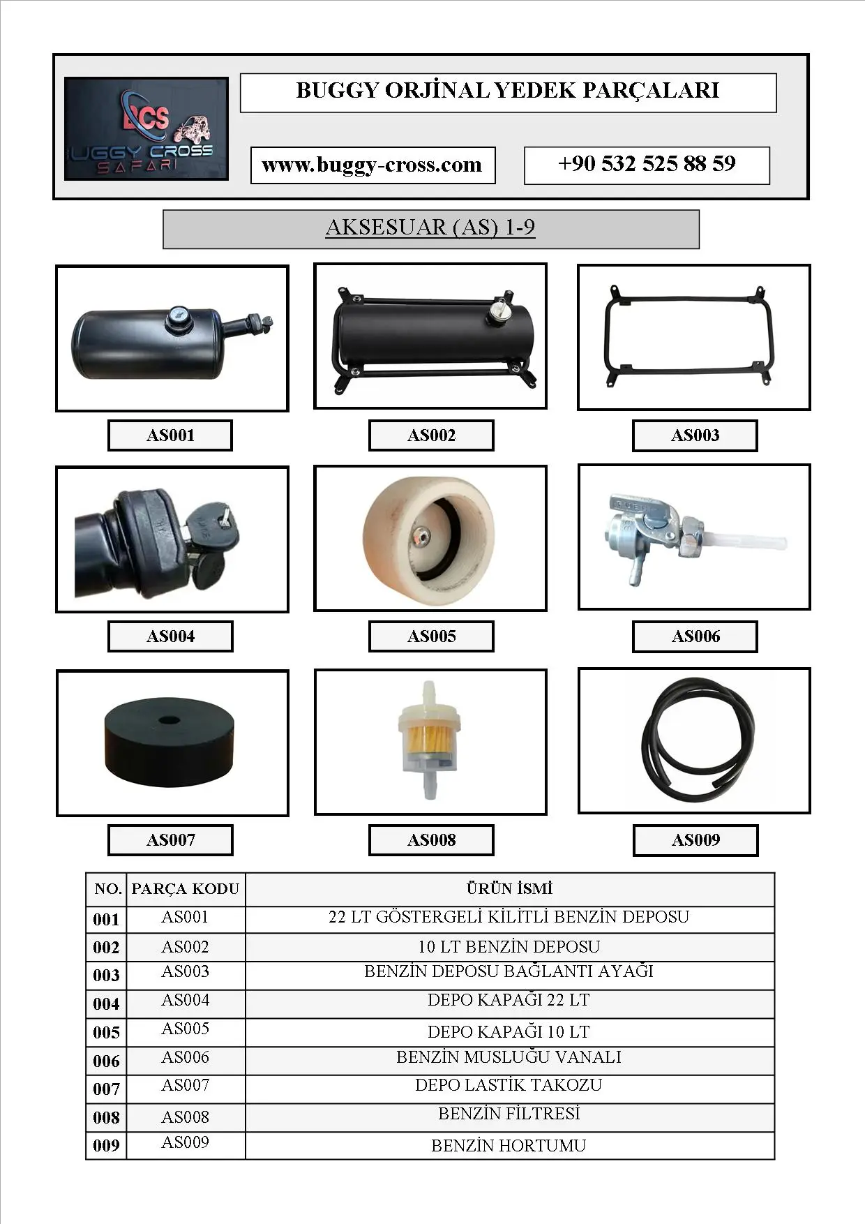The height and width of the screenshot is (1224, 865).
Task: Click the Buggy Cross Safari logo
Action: point(146,129)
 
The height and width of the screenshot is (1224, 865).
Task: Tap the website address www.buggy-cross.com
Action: point(373,165)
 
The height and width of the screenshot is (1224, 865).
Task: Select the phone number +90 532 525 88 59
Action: point(647,165)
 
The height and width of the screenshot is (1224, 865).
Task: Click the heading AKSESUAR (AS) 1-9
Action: point(430,228)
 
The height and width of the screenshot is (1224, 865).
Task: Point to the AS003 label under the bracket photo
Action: point(695,435)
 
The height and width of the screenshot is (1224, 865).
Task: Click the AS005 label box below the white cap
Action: point(431,636)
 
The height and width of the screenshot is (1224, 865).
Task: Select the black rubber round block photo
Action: point(169,743)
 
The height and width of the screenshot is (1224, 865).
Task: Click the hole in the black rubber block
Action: point(168,720)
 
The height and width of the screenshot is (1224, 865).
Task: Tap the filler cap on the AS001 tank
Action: point(176,320)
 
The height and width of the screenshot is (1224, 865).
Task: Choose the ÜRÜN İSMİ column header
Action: point(509,889)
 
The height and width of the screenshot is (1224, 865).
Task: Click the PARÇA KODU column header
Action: point(186,889)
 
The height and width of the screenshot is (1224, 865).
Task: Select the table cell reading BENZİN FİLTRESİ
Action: point(509,1114)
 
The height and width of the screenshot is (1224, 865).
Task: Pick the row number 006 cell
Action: point(106,1061)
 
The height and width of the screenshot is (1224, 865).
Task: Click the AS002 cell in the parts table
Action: point(186,947)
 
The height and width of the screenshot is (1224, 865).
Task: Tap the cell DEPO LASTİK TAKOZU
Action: point(509,1086)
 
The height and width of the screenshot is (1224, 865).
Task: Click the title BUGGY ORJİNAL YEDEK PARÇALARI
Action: point(508,91)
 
